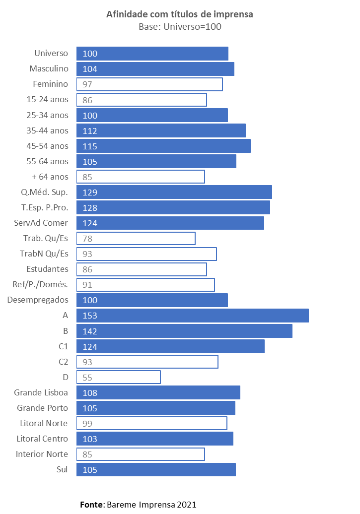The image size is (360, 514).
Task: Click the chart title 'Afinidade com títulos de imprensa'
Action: tap(180, 14)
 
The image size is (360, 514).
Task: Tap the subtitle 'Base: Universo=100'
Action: tap(180, 27)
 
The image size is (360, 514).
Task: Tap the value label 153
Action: tap(90, 316)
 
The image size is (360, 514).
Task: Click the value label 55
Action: tap(87, 378)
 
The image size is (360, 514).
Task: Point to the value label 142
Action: tap(90, 331)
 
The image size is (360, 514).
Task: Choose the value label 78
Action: tap(87, 239)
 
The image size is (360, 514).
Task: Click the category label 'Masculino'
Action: tap(49, 69)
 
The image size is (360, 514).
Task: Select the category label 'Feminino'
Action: tap(50, 84)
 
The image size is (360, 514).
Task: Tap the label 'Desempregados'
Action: tap(38, 300)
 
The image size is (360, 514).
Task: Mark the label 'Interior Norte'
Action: tap(42, 454)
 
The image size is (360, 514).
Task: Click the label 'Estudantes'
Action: tap(47, 269)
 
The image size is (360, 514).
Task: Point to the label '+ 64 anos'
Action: tap(50, 177)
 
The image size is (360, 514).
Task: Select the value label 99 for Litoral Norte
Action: tap(87, 424)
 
